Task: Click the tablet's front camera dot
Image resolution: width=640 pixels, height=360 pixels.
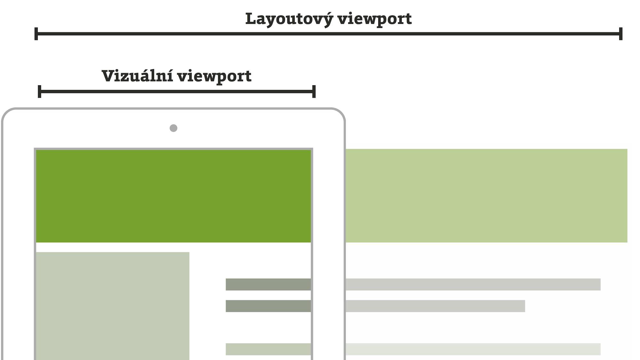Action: click(x=173, y=128)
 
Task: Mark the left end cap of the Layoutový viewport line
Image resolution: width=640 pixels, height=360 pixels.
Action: click(x=36, y=34)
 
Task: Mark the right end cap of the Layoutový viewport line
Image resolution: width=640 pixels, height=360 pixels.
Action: click(x=620, y=34)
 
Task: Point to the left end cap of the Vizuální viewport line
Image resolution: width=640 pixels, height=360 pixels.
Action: click(x=39, y=92)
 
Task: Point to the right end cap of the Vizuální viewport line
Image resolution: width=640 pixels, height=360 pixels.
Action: click(x=314, y=92)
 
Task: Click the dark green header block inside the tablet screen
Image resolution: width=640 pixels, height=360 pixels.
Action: click(x=173, y=196)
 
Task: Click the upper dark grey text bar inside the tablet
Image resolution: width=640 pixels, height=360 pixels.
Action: click(x=268, y=284)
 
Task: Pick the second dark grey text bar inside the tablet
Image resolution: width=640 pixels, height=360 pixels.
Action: click(x=268, y=306)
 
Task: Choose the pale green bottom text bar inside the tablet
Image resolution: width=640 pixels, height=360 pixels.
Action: click(x=268, y=349)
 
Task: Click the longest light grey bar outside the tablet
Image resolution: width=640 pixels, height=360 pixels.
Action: click(x=473, y=284)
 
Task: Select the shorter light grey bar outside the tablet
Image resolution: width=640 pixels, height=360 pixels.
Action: click(x=435, y=306)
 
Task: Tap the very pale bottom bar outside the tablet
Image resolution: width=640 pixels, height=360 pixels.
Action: click(x=473, y=349)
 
